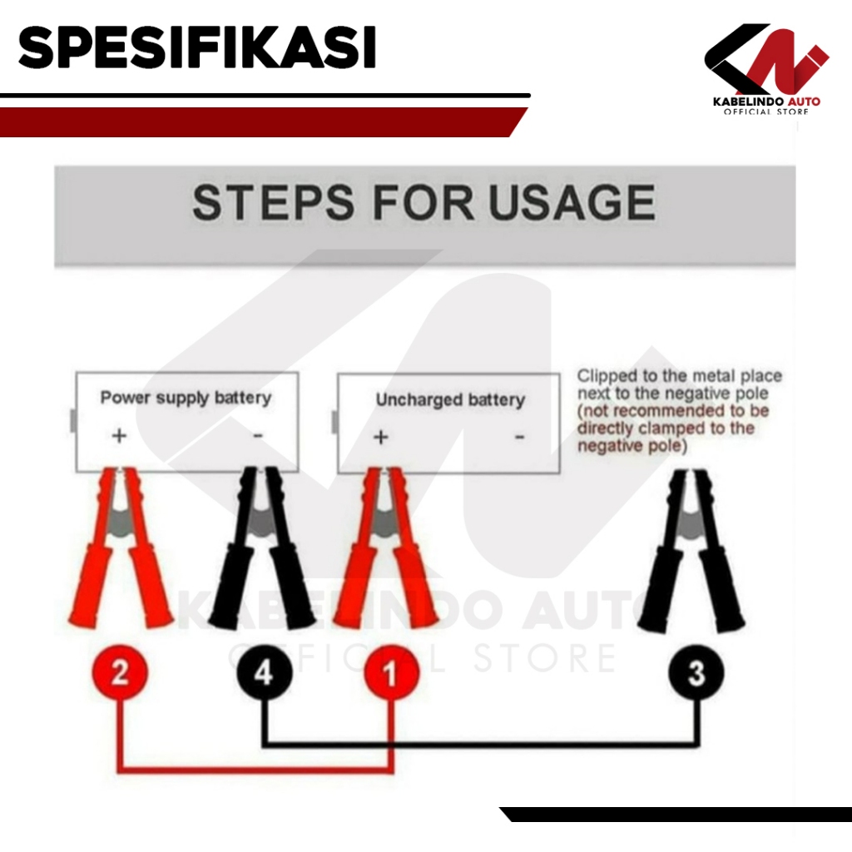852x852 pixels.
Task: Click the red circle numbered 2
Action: click(120, 672)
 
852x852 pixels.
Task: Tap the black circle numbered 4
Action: click(265, 672)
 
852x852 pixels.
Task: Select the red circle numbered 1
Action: click(391, 672)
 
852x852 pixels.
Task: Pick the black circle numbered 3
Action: click(696, 672)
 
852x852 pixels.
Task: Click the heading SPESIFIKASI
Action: click(197, 47)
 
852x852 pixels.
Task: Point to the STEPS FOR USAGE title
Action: click(424, 202)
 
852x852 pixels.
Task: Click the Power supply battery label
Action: click(186, 398)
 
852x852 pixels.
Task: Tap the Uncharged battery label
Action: click(450, 400)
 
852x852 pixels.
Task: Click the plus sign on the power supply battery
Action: click(119, 435)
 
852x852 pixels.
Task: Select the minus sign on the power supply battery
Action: click(258, 435)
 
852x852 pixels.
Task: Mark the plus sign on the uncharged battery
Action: click(381, 437)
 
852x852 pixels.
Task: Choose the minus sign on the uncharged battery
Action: click(520, 437)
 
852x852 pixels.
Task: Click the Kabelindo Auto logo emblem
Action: click(766, 59)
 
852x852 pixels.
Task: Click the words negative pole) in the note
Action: click(632, 446)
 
